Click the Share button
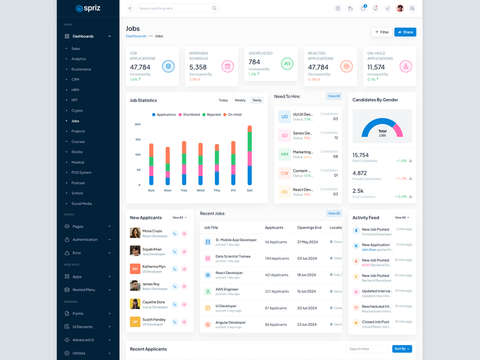point(405,32)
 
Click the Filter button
point(382,32)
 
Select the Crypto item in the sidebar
point(77,110)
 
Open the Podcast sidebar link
point(78,183)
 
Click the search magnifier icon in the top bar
point(214,8)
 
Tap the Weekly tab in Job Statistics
point(240,100)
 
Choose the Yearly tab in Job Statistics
point(257,100)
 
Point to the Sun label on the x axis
point(151,190)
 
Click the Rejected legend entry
point(212,115)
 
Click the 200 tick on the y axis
point(137,124)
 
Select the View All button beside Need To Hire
point(334,96)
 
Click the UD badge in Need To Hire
point(284,116)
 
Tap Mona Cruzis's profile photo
point(135,233)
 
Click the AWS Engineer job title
point(227,289)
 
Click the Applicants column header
point(274,227)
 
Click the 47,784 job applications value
point(141,67)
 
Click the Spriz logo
point(88,8)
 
